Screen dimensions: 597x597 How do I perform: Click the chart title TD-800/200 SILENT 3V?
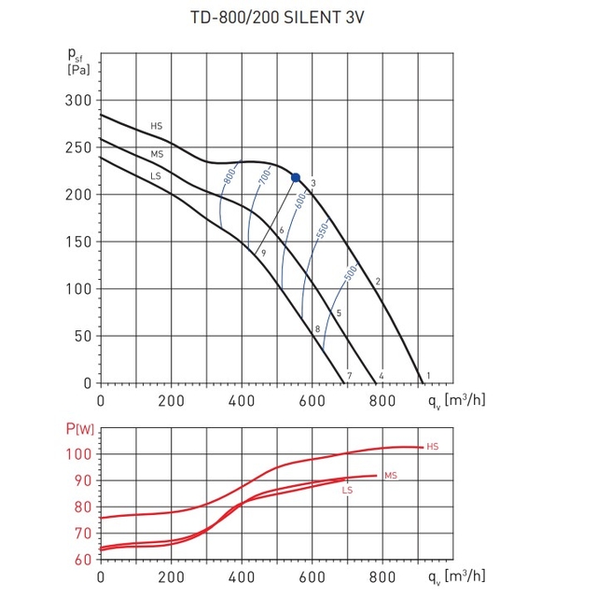pyautogui.click(x=277, y=18)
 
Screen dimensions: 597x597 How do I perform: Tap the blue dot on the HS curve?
pyautogui.click(x=296, y=177)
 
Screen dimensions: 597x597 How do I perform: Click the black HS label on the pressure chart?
pyautogui.click(x=156, y=126)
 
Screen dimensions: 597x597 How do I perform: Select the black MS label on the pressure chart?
pyautogui.click(x=157, y=154)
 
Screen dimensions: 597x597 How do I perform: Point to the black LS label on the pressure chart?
pyautogui.click(x=156, y=176)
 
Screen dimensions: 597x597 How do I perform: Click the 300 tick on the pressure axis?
pyautogui.click(x=78, y=101)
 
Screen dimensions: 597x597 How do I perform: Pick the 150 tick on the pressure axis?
pyautogui.click(x=78, y=242)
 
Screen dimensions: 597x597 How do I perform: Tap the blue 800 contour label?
pyautogui.click(x=229, y=176)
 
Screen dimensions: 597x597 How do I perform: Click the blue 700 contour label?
pyautogui.click(x=265, y=176)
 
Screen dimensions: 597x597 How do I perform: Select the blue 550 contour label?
pyautogui.click(x=322, y=231)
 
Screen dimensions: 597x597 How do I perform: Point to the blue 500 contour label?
pyautogui.click(x=351, y=273)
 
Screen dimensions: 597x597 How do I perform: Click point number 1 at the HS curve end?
pyautogui.click(x=428, y=376)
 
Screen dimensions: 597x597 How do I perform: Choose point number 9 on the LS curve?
pyautogui.click(x=263, y=253)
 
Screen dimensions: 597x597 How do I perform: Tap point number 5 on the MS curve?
pyautogui.click(x=339, y=313)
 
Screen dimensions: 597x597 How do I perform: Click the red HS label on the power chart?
pyautogui.click(x=433, y=447)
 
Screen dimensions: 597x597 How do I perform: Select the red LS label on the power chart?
pyautogui.click(x=347, y=490)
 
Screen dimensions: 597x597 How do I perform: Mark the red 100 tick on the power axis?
pyautogui.click(x=78, y=454)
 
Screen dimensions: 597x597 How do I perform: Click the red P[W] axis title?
pyautogui.click(x=80, y=429)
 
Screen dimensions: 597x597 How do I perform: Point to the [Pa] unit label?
pyautogui.click(x=78, y=70)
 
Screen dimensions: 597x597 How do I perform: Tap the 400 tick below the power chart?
pyautogui.click(x=242, y=577)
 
